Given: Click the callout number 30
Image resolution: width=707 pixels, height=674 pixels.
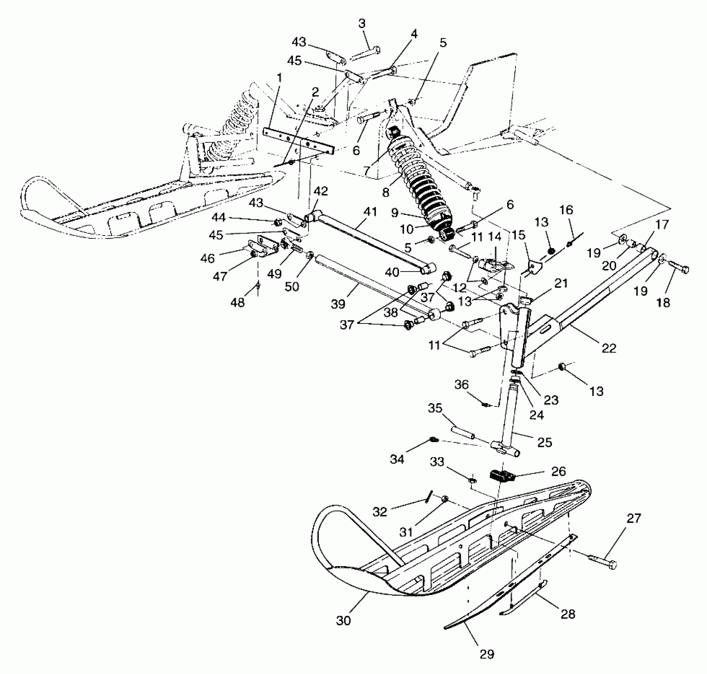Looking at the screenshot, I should click(x=343, y=620).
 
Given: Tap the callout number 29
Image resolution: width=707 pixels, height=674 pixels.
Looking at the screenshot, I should click(x=487, y=654).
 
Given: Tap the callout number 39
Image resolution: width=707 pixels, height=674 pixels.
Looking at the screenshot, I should click(x=338, y=304).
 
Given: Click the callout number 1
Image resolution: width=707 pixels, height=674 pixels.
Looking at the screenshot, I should click(x=280, y=78).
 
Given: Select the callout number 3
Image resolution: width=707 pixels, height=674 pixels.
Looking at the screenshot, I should click(x=362, y=23).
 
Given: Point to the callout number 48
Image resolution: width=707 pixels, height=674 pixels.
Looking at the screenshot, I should click(x=238, y=303).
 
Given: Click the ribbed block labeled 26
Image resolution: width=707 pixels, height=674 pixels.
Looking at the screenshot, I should click(x=503, y=476).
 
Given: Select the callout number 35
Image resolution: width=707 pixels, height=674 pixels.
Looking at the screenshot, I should click(x=435, y=408).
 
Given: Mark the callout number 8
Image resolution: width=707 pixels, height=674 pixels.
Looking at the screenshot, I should click(x=385, y=192).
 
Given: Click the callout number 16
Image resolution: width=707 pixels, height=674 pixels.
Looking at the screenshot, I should click(x=567, y=210).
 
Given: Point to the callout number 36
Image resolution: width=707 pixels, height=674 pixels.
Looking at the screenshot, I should click(x=462, y=385).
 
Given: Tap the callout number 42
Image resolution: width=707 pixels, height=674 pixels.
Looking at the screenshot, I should click(x=321, y=191).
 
